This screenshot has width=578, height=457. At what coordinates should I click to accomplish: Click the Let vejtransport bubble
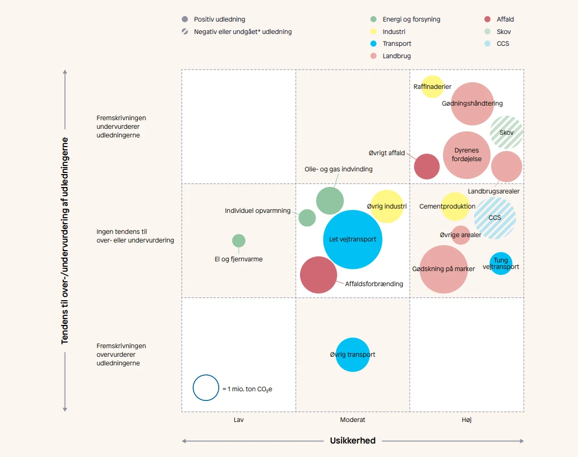352,239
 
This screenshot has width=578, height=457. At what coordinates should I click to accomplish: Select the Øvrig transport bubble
352,355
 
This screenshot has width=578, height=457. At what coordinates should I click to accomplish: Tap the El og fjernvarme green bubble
239,241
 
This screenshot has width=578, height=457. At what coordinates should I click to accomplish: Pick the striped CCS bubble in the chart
495,218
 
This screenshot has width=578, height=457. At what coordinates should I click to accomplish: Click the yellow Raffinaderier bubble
432,87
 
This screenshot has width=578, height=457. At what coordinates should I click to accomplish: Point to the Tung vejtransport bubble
501,264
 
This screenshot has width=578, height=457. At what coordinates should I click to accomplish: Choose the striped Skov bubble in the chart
506,133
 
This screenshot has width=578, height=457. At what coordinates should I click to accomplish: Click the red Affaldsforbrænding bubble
318,275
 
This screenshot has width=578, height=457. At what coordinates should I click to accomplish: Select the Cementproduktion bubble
455,206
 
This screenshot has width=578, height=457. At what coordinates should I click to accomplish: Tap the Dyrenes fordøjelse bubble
466,155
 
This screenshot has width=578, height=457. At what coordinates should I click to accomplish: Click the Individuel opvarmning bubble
307,218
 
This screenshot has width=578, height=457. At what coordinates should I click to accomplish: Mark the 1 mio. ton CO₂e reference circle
206,388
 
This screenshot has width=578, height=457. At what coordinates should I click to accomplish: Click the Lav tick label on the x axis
239,420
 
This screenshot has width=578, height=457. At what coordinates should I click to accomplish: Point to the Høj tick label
466,420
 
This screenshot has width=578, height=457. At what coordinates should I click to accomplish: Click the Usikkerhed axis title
352,441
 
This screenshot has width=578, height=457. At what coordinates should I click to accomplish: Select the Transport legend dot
373,44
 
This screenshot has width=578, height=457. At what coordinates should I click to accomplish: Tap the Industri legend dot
373,32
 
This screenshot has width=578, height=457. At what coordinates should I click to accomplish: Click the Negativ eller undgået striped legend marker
185,32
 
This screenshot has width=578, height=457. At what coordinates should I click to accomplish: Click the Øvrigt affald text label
387,153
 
